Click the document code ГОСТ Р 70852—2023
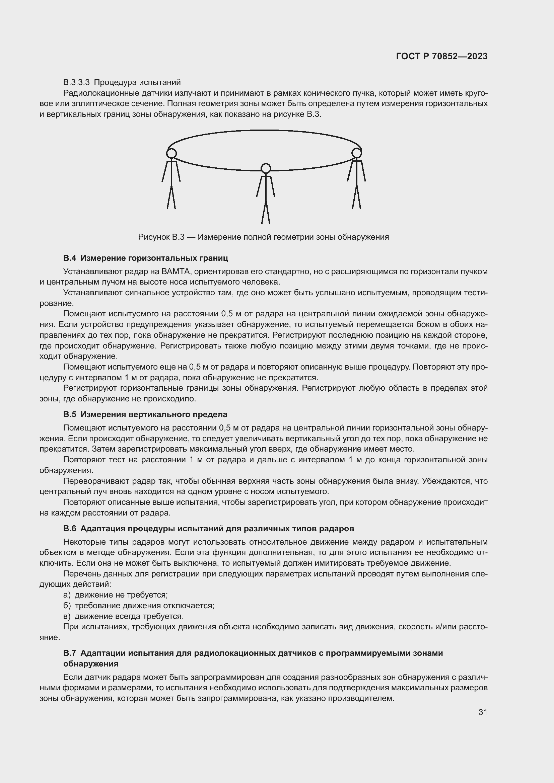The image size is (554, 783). [x=442, y=56]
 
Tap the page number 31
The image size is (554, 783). [x=483, y=712]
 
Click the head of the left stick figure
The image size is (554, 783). [x=171, y=153]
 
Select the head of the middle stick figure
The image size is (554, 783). [x=266, y=168]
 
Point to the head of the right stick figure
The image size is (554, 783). [x=356, y=153]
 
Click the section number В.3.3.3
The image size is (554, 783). [x=76, y=82]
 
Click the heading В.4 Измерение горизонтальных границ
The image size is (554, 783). [x=146, y=258]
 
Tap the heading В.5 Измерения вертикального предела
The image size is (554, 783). [x=145, y=414]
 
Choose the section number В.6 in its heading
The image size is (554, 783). [x=70, y=529]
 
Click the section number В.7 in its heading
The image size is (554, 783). [x=70, y=653]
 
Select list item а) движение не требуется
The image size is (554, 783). [x=116, y=595]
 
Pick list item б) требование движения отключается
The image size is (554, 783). [x=139, y=606]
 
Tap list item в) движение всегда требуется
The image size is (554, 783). [x=124, y=616]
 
